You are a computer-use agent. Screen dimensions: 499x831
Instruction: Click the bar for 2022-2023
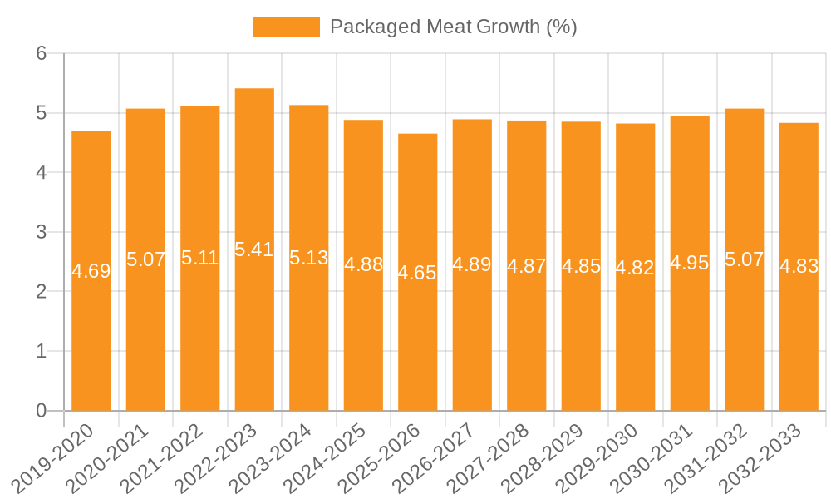254,249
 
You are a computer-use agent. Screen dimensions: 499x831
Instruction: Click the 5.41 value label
254,249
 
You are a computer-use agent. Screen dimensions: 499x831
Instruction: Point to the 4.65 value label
417,273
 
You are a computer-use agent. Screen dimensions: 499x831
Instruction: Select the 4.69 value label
91,271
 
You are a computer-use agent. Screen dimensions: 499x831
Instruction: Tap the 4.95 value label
690,263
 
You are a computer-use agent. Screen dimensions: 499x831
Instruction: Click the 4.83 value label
799,266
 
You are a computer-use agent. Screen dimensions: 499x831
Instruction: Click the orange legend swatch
286,27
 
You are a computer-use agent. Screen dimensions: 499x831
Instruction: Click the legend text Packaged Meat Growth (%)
453,27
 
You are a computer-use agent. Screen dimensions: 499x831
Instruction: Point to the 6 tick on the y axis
41,53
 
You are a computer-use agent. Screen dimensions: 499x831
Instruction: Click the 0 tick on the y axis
41,411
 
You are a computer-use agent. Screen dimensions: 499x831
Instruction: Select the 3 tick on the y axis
41,232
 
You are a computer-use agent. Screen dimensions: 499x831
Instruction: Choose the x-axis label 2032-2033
763,457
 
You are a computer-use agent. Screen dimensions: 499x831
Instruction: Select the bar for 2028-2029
581,266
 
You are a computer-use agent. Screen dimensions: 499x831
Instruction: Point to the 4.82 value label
635,268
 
